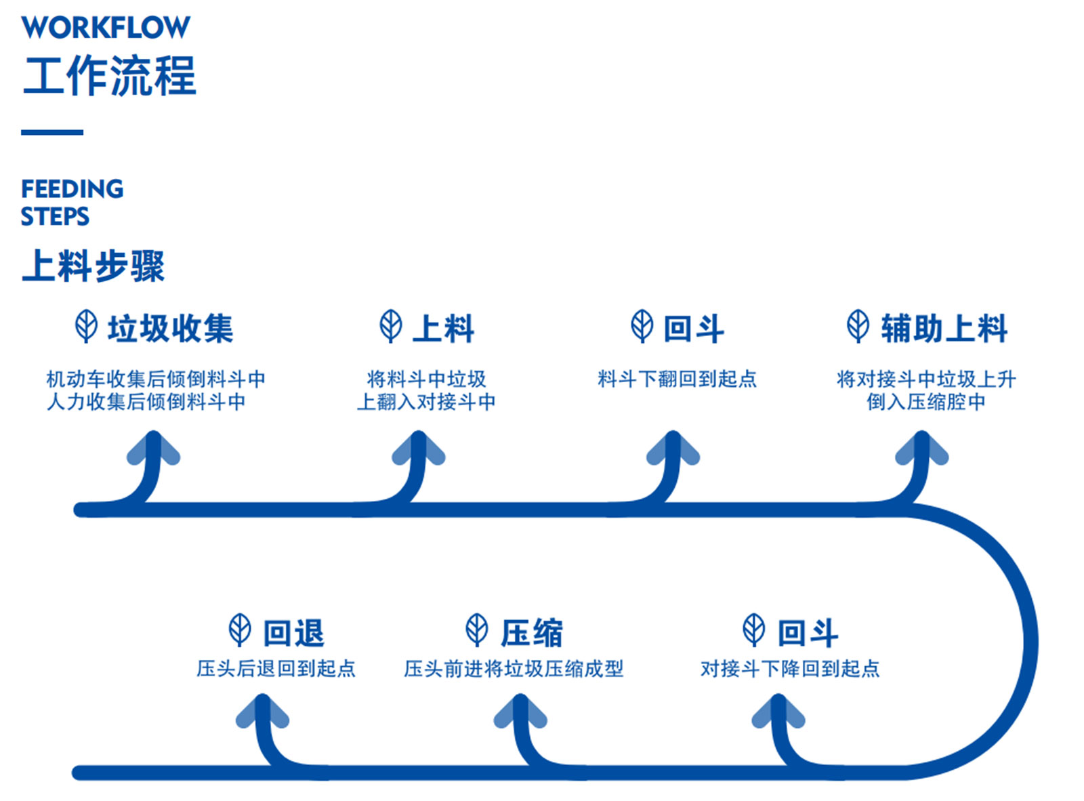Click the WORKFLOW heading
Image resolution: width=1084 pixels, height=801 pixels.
point(105,27)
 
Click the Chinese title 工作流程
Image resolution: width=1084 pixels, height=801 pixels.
point(110,76)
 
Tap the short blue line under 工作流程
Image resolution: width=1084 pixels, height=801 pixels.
point(52,132)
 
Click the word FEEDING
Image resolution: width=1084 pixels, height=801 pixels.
point(72,188)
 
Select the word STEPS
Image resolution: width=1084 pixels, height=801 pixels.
point(55,216)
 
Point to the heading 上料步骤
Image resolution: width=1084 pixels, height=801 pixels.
point(93,265)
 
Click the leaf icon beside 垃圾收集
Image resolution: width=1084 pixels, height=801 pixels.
point(86,326)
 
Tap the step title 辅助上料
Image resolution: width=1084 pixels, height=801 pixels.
point(944,328)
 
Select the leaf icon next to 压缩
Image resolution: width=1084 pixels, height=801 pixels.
point(477,630)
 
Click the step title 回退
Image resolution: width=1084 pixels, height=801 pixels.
point(293,633)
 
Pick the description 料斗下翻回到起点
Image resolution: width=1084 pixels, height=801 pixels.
point(676,379)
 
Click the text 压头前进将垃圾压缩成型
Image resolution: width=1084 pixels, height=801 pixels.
point(514,669)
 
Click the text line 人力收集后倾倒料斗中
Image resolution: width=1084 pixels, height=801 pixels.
point(146,402)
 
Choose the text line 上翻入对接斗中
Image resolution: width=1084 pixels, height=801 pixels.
point(426,402)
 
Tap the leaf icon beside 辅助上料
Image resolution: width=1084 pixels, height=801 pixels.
point(858,326)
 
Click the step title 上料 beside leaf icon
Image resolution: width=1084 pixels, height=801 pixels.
point(443,328)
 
